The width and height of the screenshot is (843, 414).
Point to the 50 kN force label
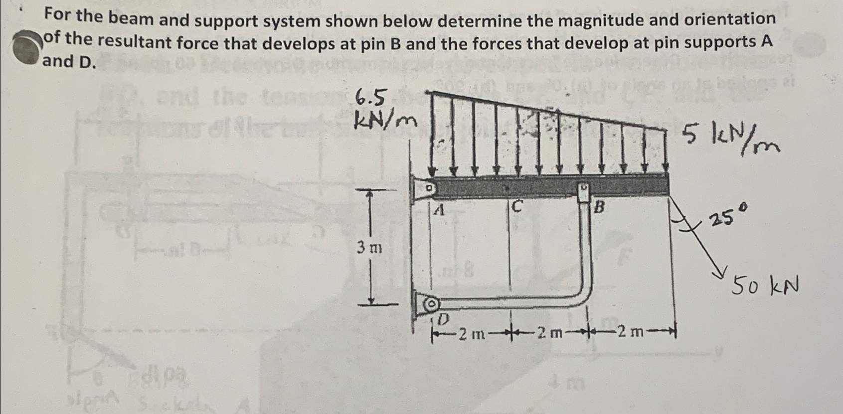(x=765, y=286)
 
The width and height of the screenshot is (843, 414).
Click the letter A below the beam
(x=438, y=211)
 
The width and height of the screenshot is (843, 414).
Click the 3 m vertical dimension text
(x=369, y=247)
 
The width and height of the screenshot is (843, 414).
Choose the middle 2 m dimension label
(x=549, y=332)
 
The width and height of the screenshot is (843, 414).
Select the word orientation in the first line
(x=725, y=19)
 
